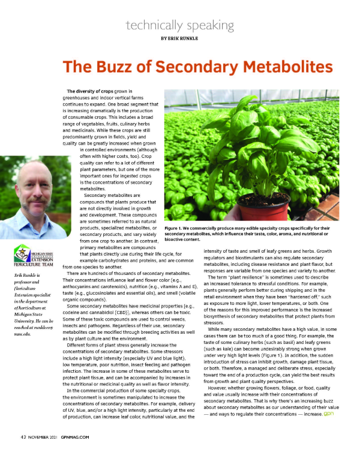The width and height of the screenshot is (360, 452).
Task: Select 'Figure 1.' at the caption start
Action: [x=175, y=229]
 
